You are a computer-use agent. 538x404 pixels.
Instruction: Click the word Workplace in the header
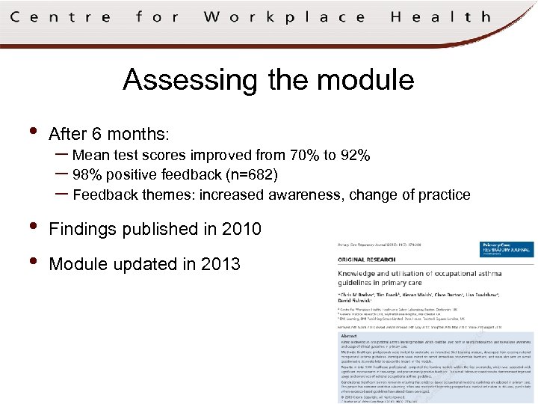click(x=274, y=16)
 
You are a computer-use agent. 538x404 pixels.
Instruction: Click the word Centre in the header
click(x=61, y=16)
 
